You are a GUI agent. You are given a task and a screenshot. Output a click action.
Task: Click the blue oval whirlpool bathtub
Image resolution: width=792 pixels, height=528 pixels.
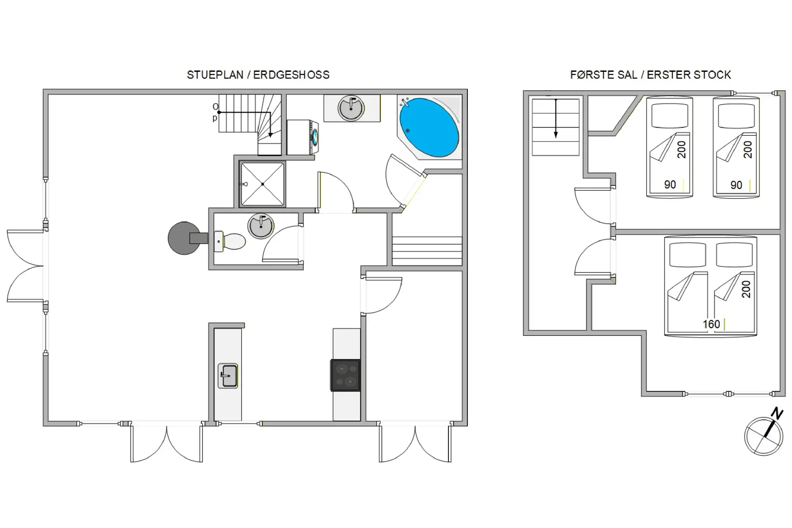(x=429, y=127)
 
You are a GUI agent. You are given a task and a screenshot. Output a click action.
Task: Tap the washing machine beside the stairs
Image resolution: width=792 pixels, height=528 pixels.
(x=302, y=137)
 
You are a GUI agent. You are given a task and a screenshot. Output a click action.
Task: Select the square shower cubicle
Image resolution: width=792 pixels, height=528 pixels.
(x=262, y=184)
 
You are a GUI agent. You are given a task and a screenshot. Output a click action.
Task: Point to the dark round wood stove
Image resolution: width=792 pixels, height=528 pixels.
(x=184, y=238)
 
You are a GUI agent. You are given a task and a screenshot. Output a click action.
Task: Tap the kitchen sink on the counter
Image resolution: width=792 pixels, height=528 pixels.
(x=228, y=375)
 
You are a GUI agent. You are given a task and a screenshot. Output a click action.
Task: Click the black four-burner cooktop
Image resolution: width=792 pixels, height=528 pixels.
(x=345, y=375)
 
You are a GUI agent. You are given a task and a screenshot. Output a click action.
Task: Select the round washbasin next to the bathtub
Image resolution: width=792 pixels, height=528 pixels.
(x=351, y=108)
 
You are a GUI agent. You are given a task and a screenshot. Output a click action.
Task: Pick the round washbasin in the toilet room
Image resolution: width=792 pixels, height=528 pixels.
(x=261, y=226)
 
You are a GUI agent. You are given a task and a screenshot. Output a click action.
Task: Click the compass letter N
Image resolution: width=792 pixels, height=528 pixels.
(x=777, y=413)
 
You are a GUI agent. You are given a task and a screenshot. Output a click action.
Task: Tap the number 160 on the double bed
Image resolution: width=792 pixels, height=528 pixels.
(x=711, y=324)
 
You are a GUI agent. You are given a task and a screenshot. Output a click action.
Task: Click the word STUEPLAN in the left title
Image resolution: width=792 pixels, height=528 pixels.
(x=215, y=75)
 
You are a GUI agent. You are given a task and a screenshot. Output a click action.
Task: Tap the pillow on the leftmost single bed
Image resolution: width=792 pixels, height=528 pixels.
(x=669, y=115)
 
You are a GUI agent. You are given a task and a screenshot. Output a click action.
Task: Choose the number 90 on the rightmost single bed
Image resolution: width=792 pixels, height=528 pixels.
(x=736, y=185)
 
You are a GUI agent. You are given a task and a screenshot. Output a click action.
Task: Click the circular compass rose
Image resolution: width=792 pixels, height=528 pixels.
(x=764, y=436)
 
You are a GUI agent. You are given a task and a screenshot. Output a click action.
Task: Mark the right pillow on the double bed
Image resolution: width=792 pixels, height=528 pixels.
(x=734, y=255)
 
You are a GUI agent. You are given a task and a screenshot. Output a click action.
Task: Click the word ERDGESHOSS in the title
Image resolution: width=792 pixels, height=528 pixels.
(x=291, y=75)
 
